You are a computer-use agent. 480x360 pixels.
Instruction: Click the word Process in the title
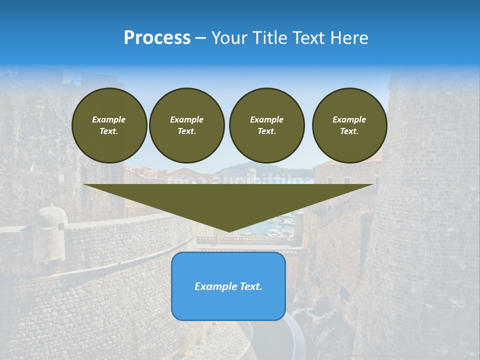(x=157, y=37)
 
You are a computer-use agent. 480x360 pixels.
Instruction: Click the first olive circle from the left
(x=109, y=125)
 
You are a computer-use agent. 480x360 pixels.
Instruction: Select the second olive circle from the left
(x=186, y=125)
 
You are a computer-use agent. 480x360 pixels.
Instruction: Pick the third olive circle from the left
(x=266, y=125)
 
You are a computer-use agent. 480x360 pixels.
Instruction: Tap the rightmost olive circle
(x=349, y=125)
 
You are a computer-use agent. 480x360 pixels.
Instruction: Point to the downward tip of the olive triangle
(x=229, y=231)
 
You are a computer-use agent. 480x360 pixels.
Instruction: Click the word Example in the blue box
(x=215, y=286)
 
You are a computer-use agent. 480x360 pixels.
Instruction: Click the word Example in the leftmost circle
(x=109, y=119)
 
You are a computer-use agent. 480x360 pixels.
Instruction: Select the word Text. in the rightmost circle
(x=349, y=131)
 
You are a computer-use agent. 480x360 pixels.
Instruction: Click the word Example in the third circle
(x=266, y=119)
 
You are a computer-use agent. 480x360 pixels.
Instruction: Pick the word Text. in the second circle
(x=186, y=131)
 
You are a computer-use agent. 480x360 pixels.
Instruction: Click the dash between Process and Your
(x=200, y=38)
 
